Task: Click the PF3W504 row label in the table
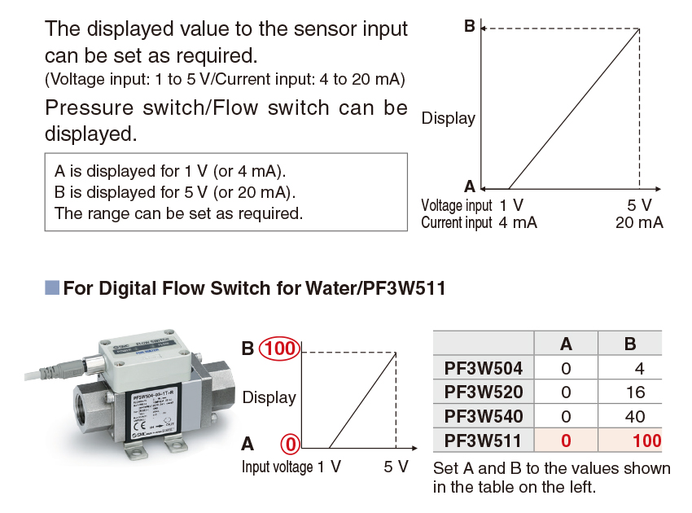pos(484,368)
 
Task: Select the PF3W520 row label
pos(484,392)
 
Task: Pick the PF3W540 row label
pos(484,417)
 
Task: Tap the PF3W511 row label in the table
pos(484,441)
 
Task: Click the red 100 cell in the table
pos(646,441)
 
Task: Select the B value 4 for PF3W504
pos(639,368)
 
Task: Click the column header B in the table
pos(630,344)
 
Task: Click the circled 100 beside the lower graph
pos(279,349)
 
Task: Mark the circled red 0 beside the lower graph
pos(291,445)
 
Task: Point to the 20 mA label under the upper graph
pos(639,222)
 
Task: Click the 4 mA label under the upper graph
pos(519,222)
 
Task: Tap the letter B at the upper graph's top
pos(469,26)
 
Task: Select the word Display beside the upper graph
pos(448,119)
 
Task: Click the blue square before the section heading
pos(52,287)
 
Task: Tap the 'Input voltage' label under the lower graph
pos(277,467)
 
